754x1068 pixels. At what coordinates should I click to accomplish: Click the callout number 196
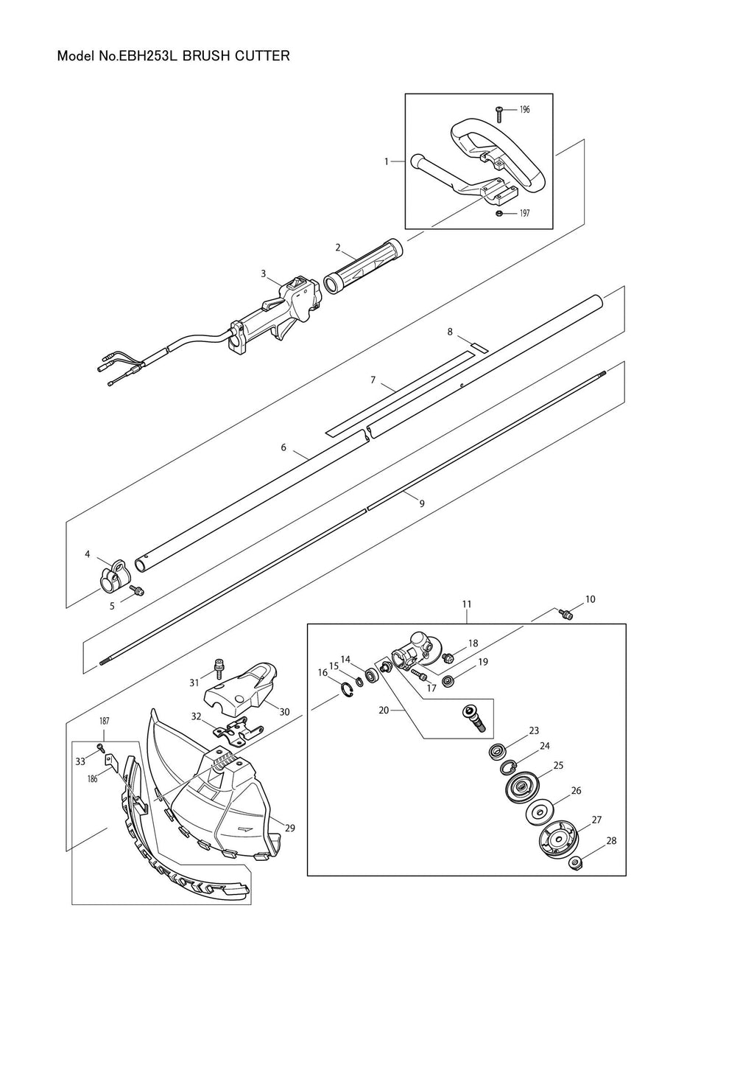524,110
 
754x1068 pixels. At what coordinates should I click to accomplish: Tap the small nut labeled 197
499,213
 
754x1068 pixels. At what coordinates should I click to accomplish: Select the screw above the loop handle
499,114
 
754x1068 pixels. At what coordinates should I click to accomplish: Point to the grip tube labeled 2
364,265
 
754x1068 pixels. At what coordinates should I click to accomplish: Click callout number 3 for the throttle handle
263,273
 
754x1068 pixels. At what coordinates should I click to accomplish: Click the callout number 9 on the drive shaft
421,503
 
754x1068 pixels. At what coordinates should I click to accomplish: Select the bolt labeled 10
566,614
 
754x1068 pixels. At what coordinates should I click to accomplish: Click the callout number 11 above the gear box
467,604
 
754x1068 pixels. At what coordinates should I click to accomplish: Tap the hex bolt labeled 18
448,658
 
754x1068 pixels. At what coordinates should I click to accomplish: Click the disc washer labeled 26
539,811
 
